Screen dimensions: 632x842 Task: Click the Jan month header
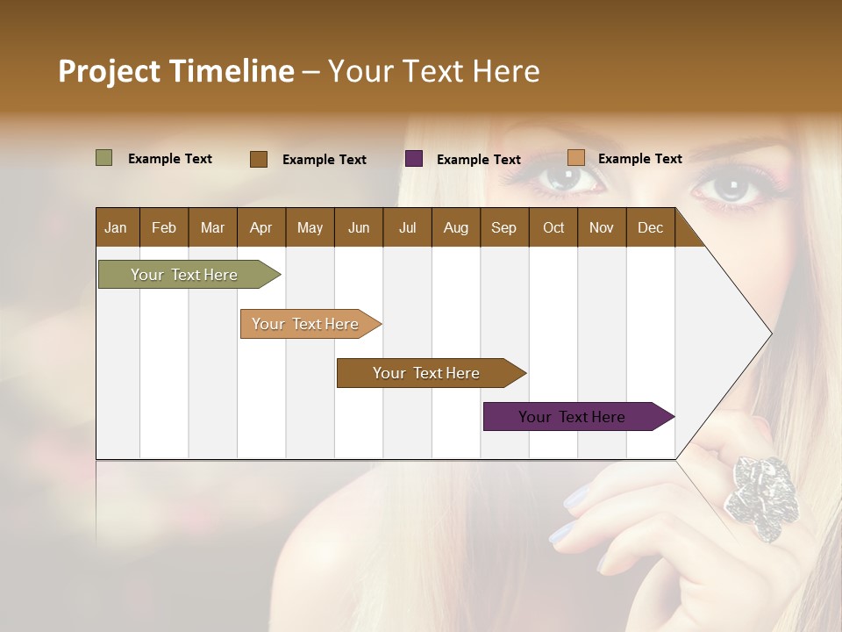116,227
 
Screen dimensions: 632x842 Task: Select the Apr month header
260,227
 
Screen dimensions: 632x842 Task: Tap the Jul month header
407,227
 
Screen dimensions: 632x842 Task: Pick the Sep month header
503,227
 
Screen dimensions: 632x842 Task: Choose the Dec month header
650,227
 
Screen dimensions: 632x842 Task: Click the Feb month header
164,227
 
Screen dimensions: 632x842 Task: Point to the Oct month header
553,227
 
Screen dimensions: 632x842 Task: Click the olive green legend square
104,158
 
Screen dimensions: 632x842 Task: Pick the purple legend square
414,159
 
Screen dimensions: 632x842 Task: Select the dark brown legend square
259,159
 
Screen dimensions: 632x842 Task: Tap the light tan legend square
575,158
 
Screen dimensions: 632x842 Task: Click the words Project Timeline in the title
176,71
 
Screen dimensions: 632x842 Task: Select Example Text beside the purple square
478,160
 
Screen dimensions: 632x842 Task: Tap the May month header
310,227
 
